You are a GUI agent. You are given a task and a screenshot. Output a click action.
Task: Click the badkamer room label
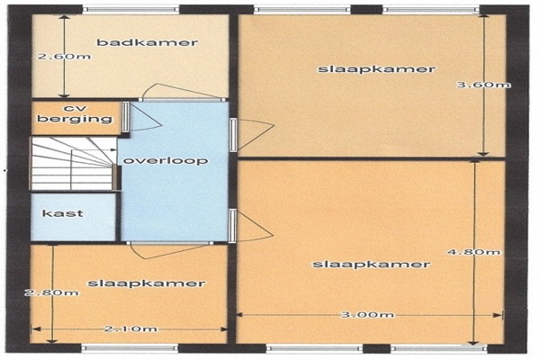tap(147, 42)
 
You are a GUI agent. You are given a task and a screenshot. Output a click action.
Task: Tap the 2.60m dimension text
tap(65, 56)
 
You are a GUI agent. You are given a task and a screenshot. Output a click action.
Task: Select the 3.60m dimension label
tap(483, 85)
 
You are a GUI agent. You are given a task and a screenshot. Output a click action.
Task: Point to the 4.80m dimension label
tap(474, 252)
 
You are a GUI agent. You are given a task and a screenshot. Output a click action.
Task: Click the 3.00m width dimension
tap(367, 314)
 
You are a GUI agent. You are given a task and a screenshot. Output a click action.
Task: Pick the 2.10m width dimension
tap(130, 329)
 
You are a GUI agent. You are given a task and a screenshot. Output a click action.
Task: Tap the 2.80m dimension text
tap(51, 292)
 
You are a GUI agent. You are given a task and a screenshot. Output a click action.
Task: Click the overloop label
tap(166, 161)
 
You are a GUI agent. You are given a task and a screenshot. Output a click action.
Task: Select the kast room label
tap(63, 213)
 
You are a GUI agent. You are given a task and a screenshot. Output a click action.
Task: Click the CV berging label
tap(75, 114)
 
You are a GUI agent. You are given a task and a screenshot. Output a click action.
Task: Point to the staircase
tap(74, 163)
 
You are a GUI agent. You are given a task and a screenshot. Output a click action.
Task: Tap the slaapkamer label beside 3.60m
tap(376, 69)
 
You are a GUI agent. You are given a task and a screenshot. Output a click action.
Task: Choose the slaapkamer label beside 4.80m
tap(371, 265)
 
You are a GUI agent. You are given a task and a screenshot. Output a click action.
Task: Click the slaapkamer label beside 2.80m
tap(147, 283)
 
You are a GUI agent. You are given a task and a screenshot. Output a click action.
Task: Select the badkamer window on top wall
tap(130, 10)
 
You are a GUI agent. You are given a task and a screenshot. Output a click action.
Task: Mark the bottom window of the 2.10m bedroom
tap(130, 347)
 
